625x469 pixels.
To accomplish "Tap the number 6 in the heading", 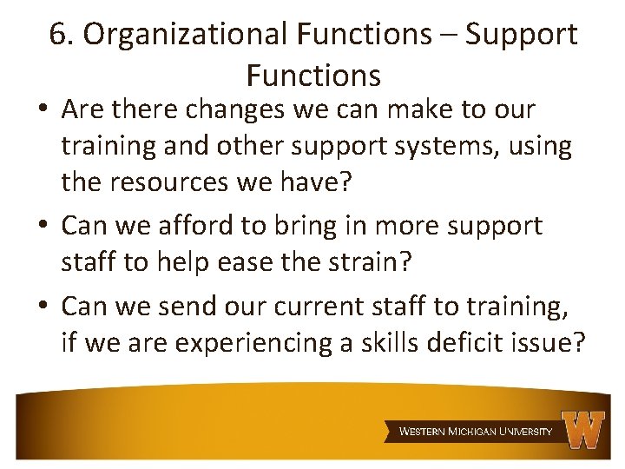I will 58,35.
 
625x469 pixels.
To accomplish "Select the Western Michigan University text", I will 475,431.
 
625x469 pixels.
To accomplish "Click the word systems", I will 465,147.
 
